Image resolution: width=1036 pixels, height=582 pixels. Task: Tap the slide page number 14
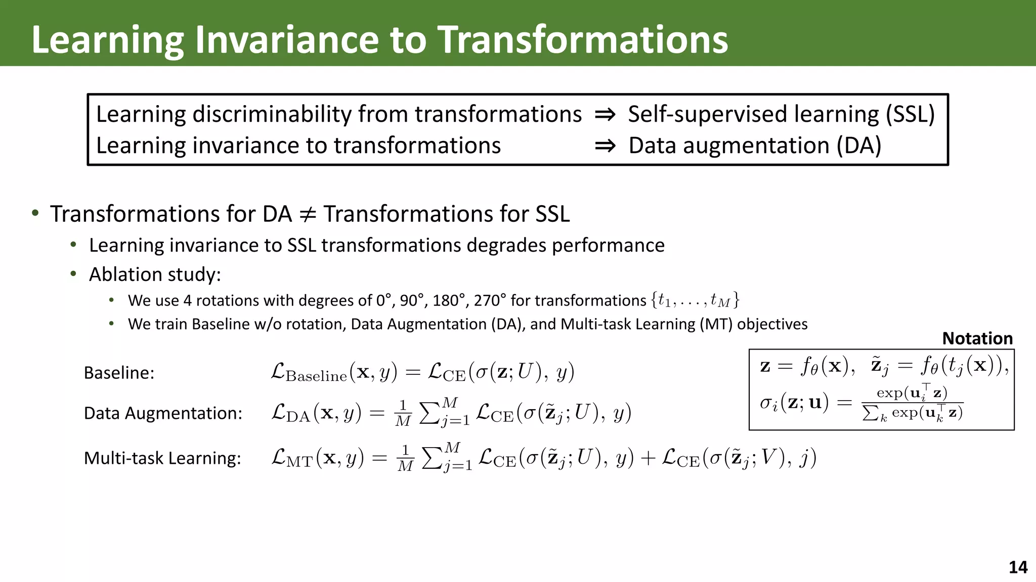click(x=1018, y=567)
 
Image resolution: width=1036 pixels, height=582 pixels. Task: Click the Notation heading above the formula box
click(x=977, y=338)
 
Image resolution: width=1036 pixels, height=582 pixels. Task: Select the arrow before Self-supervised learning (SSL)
click(x=605, y=115)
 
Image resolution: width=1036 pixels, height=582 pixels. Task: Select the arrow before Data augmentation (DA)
click(x=605, y=146)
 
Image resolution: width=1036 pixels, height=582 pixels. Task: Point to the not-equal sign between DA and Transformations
click(x=308, y=214)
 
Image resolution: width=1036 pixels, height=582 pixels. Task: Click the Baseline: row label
click(x=119, y=373)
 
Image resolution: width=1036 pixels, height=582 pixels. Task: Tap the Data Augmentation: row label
click(x=163, y=413)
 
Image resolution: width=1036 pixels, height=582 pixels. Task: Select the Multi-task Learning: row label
click(x=162, y=458)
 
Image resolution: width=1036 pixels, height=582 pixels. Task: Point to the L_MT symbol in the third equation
click(x=292, y=458)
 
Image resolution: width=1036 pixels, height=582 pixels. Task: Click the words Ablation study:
click(x=155, y=274)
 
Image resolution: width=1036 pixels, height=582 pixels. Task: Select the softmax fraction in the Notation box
click(x=912, y=403)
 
